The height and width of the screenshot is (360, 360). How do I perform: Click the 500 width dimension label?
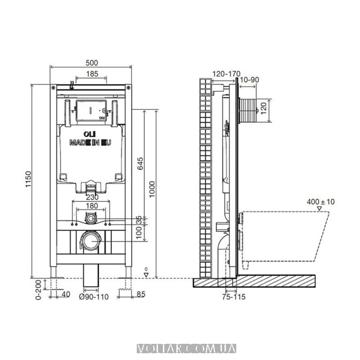[x=92, y=63]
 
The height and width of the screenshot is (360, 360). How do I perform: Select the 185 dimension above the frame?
[x=92, y=74]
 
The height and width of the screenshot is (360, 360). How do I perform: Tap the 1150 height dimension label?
[x=28, y=179]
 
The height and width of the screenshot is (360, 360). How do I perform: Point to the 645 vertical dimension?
[x=140, y=163]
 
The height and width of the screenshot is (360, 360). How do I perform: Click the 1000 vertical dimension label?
[x=152, y=189]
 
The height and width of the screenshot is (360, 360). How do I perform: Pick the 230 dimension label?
[x=92, y=197]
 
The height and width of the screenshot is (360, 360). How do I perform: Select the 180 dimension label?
[x=92, y=206]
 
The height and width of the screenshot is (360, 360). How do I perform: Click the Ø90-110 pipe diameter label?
[x=94, y=297]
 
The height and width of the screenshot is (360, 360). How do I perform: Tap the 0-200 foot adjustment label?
[x=38, y=290]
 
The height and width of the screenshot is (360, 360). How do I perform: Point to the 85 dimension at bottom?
[x=141, y=294]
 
